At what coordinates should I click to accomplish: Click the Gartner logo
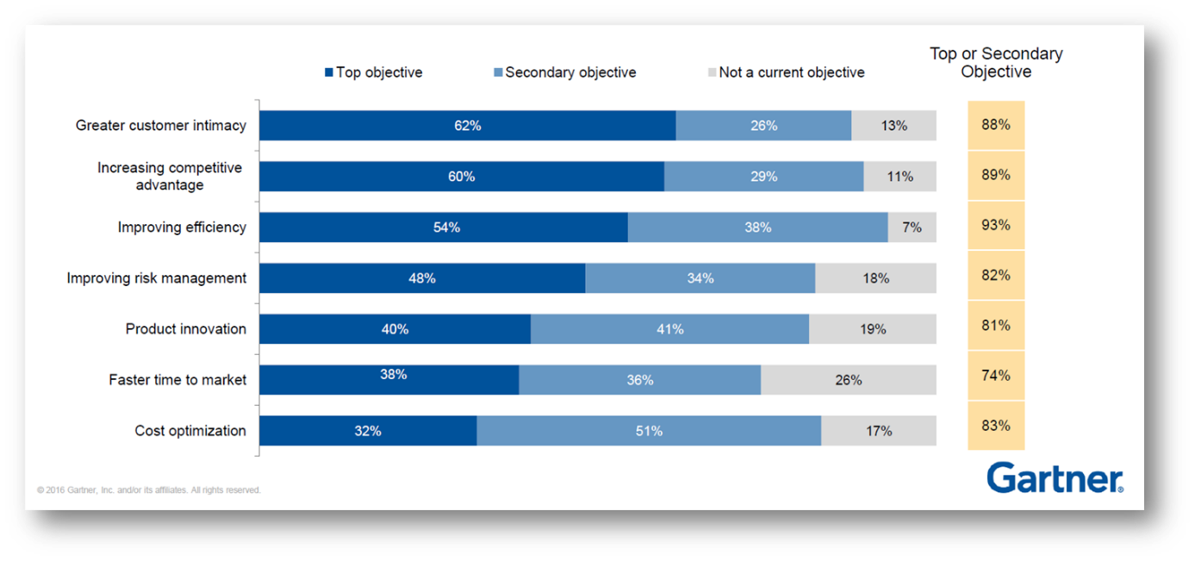[1055, 477]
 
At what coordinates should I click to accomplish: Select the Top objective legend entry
[373, 72]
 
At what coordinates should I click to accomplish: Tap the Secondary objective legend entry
[564, 72]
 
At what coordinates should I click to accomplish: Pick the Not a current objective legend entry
[785, 72]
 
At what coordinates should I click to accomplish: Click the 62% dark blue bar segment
[467, 126]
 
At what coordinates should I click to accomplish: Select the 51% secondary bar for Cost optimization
[649, 431]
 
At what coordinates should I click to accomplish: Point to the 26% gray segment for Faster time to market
[849, 380]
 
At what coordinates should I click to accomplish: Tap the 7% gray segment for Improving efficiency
[912, 228]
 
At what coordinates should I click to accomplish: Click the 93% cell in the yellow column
[995, 225]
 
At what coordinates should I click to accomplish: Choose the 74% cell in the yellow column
[995, 376]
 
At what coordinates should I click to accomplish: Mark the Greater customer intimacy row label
[161, 126]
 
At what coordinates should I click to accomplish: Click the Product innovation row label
[186, 329]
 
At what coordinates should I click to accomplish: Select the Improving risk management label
[157, 278]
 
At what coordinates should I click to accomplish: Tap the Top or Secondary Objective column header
[996, 63]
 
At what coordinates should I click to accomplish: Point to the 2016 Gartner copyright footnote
[149, 490]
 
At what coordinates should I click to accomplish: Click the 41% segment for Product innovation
[669, 329]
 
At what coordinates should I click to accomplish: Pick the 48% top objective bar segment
[422, 278]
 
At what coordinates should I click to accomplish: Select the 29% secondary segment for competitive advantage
[763, 177]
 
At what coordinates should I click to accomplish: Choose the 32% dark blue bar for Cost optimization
[368, 431]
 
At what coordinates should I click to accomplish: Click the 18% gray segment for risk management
[875, 278]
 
